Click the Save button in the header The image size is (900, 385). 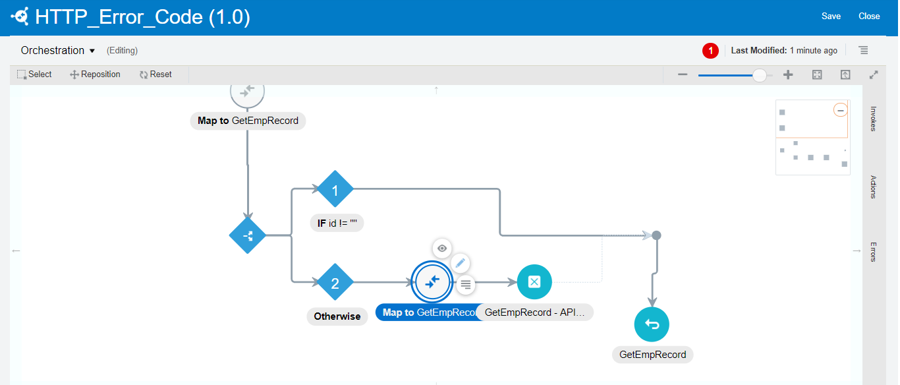[x=831, y=16]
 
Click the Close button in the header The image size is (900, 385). [x=869, y=16]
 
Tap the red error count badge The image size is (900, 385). [x=710, y=51]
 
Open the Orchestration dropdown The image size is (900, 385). [x=58, y=51]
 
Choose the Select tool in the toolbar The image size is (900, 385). [x=34, y=74]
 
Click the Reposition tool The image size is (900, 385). [x=95, y=74]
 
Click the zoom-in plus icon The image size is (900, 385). [x=788, y=75]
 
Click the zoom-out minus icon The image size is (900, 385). [x=683, y=75]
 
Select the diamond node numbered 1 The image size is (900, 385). [x=335, y=191]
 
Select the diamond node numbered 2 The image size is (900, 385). [x=335, y=283]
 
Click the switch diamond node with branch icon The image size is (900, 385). [x=248, y=235]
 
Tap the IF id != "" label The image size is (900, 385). [x=337, y=223]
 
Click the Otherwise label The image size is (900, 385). [x=337, y=316]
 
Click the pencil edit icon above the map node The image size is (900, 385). [x=461, y=263]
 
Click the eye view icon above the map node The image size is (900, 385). [x=442, y=248]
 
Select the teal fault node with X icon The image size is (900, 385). [x=534, y=282]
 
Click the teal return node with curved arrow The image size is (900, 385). [x=652, y=324]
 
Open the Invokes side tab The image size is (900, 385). [x=873, y=119]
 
